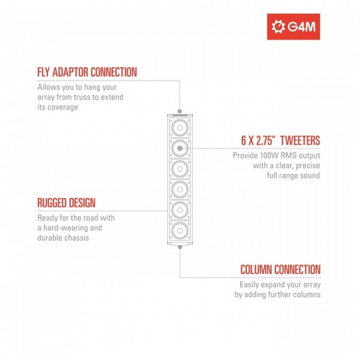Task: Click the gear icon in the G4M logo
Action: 278,26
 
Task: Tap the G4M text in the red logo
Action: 301,27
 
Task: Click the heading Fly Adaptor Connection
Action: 87,72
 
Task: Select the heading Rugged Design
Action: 67,203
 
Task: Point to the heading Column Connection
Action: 280,269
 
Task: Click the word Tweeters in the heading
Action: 300,140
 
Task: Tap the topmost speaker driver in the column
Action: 180,128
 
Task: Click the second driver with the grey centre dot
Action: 180,148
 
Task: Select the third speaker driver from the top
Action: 180,169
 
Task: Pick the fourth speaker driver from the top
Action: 180,190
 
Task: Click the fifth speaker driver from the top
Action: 180,210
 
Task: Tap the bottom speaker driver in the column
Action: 180,230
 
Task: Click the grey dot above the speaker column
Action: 180,112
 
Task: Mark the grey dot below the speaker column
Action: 180,247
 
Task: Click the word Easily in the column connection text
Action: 249,285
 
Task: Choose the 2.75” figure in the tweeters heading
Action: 266,140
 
